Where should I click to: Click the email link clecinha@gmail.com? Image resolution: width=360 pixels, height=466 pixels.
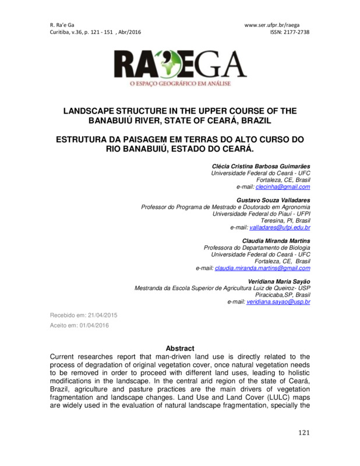(x=285, y=187)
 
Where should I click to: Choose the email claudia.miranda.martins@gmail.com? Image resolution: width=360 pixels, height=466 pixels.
(x=262, y=268)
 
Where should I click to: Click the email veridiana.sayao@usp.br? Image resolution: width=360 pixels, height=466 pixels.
(x=278, y=303)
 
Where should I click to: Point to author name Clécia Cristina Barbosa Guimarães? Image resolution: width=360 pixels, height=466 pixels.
(x=261, y=167)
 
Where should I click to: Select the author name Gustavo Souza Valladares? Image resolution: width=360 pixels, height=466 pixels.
(x=274, y=200)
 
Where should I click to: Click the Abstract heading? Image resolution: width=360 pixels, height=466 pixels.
(x=180, y=348)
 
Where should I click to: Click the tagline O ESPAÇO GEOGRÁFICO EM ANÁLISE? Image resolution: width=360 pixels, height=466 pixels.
(x=181, y=83)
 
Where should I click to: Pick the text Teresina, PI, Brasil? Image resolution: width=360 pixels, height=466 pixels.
(x=285, y=221)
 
